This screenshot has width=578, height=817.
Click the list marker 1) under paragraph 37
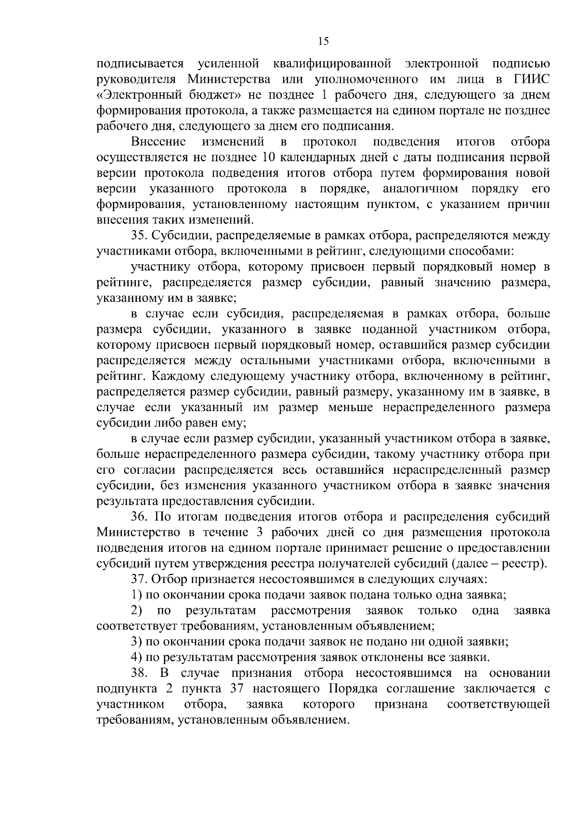tap(137, 595)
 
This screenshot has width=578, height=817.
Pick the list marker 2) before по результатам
tap(137, 610)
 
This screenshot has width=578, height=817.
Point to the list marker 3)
tap(137, 642)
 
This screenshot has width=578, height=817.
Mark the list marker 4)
tap(137, 657)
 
